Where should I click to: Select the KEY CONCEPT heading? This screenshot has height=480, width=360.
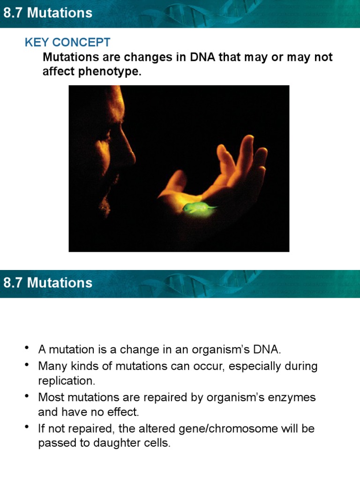pyautogui.click(x=67, y=42)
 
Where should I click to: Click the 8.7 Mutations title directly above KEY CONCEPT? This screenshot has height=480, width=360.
pyautogui.click(x=48, y=13)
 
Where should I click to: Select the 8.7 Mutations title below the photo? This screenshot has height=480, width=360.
pyautogui.click(x=48, y=283)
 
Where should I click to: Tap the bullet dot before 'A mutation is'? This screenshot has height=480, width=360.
pyautogui.click(x=28, y=348)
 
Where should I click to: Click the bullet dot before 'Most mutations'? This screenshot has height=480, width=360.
pyautogui.click(x=28, y=397)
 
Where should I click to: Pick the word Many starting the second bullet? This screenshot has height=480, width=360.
pyautogui.click(x=51, y=366)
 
